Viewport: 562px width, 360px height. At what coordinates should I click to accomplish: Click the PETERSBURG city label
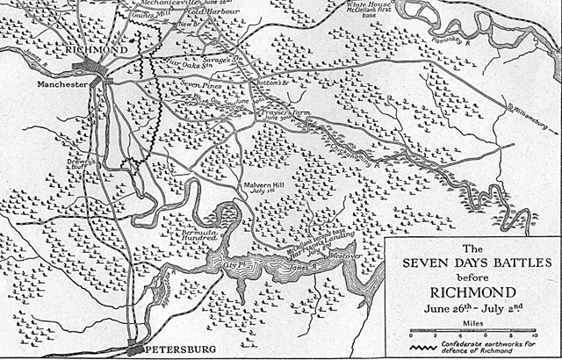coord(179,349)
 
